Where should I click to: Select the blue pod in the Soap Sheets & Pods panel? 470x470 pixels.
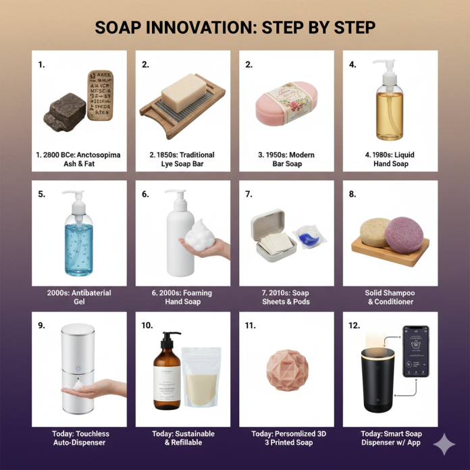pos(307,236)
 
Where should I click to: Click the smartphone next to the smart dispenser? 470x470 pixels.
pos(415,352)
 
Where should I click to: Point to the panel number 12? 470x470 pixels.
pos(353,325)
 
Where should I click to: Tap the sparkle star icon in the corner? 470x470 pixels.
pos(444,445)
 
